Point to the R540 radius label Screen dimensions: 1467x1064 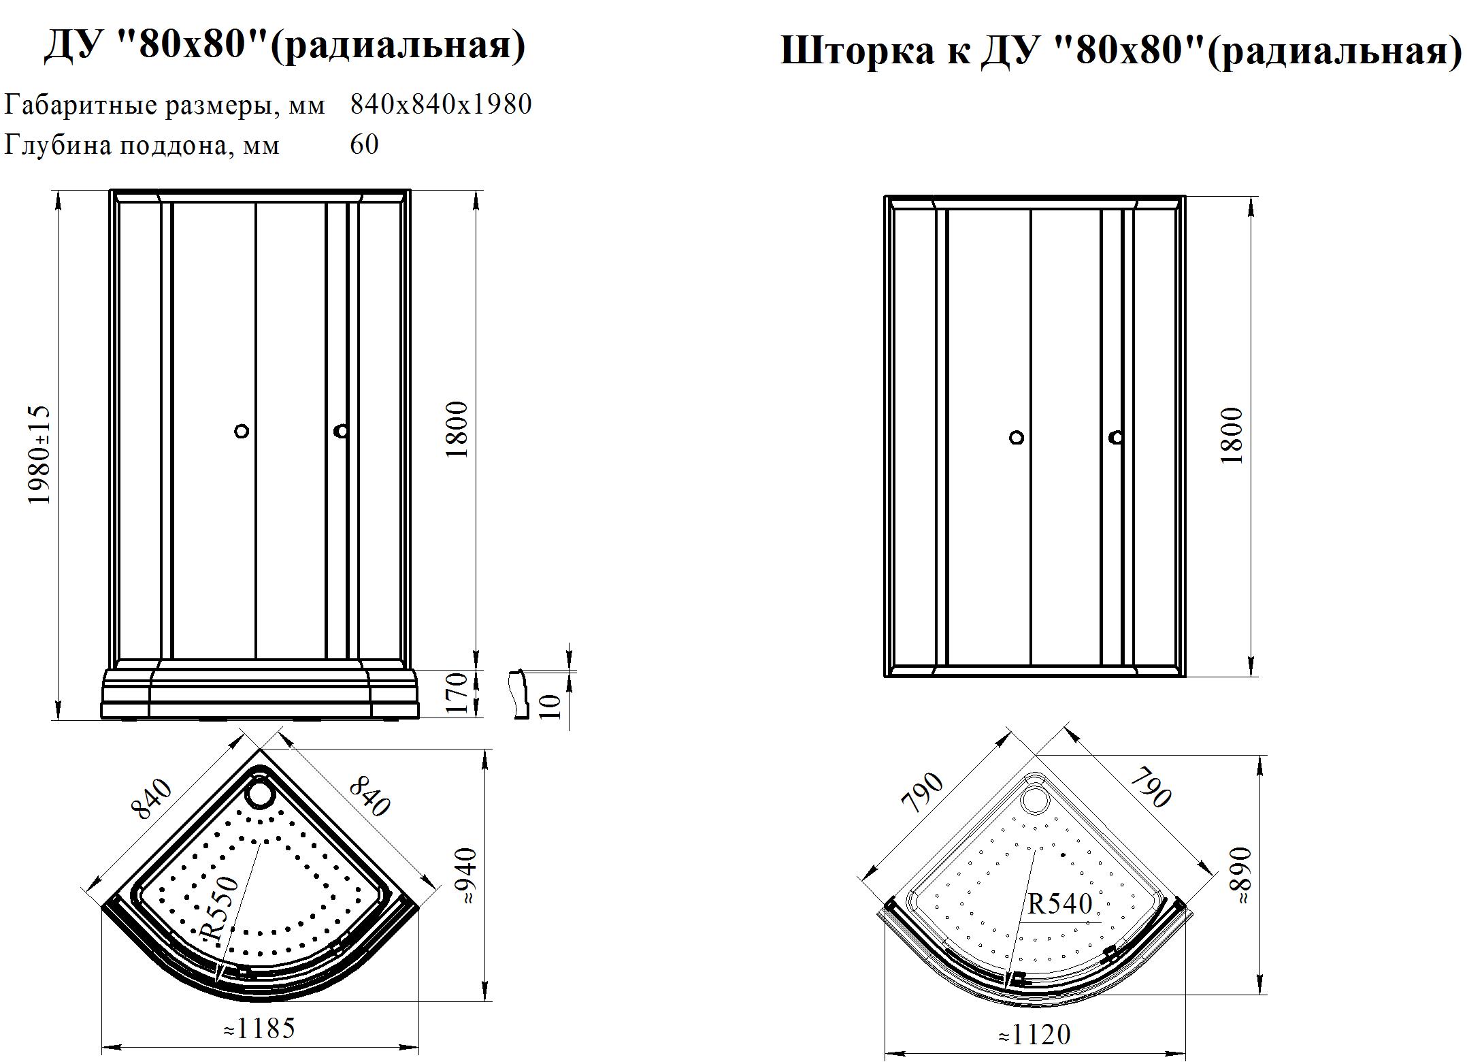click(x=1059, y=903)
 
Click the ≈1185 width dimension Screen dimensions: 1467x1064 click(x=259, y=1029)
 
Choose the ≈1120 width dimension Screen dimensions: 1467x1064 click(x=1034, y=1035)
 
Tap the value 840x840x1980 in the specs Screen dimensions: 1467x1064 click(x=441, y=104)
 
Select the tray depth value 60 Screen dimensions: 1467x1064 click(x=365, y=144)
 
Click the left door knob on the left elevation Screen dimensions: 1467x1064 click(x=241, y=431)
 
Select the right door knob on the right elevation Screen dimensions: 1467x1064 click(x=1116, y=438)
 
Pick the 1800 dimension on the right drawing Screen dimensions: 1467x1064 click(x=1232, y=436)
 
